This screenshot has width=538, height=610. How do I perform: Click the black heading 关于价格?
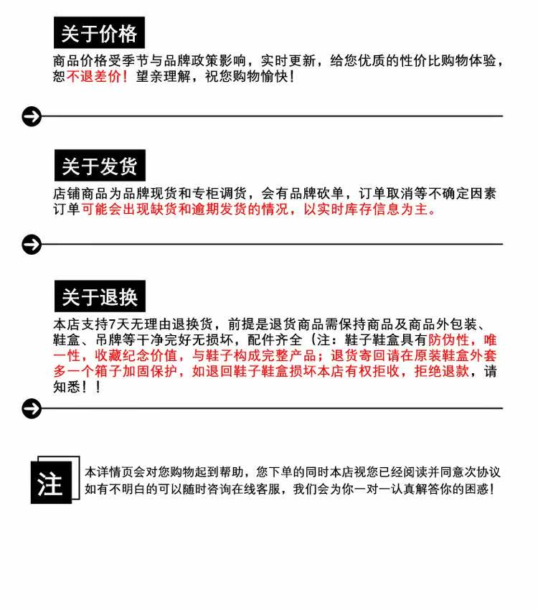tap(99, 33)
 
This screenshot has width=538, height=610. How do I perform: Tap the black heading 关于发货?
tap(99, 166)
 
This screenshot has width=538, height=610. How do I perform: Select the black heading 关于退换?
tap(99, 297)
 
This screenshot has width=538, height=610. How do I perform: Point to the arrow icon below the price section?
tap(32, 116)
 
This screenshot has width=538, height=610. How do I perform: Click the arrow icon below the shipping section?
tap(32, 245)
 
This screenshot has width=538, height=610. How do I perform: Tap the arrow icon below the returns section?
tap(32, 408)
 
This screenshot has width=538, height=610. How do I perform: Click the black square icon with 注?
tap(51, 484)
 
